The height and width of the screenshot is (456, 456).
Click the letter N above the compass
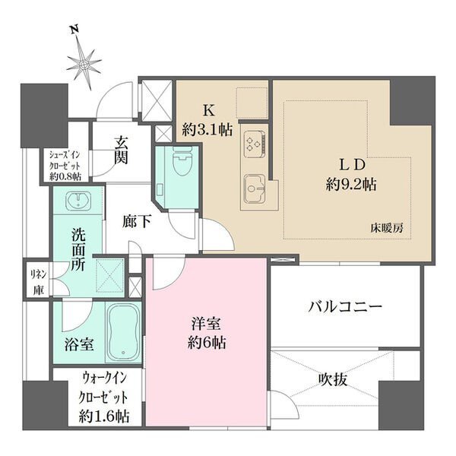pos(74,30)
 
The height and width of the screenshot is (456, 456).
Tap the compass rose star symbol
pos(84,65)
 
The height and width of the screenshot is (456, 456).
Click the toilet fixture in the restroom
pos(182,160)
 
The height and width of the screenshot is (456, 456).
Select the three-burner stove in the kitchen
pos(255,143)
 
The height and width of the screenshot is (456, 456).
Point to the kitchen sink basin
pos(253,188)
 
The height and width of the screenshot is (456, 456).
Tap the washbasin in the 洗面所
pos(78,201)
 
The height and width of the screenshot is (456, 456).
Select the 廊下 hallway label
pos(137,222)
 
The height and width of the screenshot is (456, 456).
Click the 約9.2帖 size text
pos(351,185)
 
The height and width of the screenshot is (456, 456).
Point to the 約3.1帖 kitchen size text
pos(207,129)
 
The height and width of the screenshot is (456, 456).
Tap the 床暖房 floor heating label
pos(387,228)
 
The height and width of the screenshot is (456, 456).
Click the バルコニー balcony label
pos(345,307)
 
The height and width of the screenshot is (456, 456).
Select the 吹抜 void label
pos(333,379)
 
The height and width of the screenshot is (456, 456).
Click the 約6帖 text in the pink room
pos(207,343)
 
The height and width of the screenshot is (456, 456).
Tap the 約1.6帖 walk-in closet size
pos(104,416)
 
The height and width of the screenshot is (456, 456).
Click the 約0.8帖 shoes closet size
pos(65,176)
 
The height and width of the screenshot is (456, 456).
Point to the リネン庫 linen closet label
pos(39,282)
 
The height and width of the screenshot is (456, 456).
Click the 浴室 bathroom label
pos(79,344)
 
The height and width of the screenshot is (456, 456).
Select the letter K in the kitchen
pos(208,110)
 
